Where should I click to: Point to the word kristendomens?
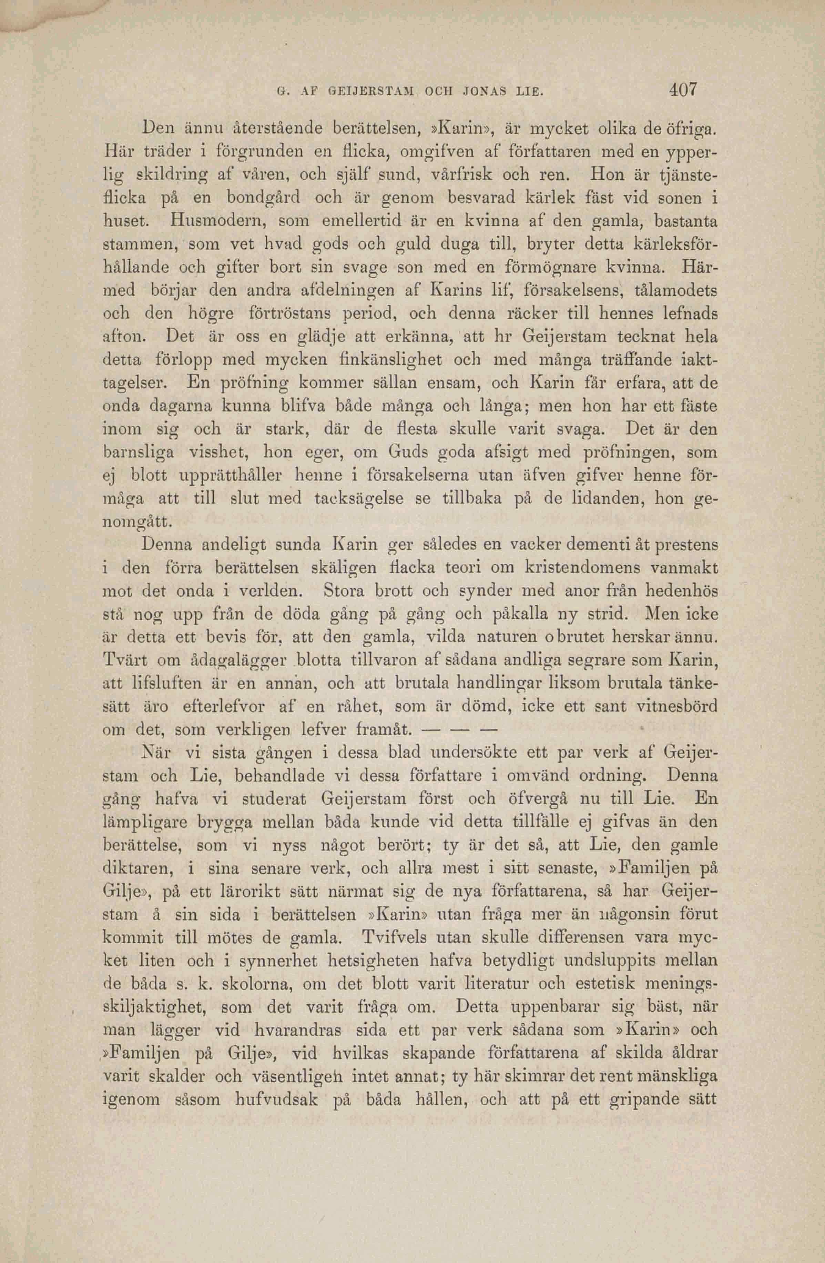pos(582,568)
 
